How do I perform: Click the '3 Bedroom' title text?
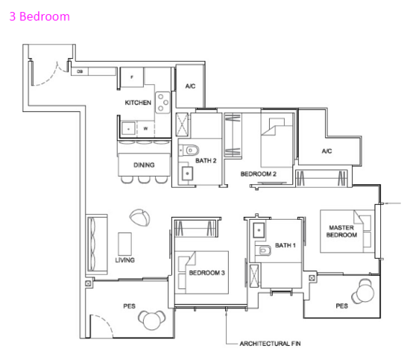click(40, 16)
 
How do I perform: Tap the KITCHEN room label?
click(138, 103)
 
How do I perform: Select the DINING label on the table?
click(144, 165)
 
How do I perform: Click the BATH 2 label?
click(206, 161)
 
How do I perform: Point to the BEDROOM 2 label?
click(259, 174)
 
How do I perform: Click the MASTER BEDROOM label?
click(341, 231)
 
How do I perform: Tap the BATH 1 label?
click(285, 245)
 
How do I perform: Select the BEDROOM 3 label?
click(206, 273)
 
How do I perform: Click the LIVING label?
click(124, 260)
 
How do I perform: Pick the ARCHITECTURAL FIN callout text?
click(270, 344)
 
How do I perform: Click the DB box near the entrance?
click(80, 72)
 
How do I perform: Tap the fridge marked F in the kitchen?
click(132, 77)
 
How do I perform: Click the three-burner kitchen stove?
click(163, 102)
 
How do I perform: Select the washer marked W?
click(145, 129)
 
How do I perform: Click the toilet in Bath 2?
click(190, 151)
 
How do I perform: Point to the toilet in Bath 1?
click(263, 250)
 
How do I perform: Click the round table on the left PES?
click(151, 320)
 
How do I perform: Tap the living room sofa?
click(96, 244)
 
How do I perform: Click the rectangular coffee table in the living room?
click(124, 244)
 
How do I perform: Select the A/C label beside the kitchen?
click(190, 86)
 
